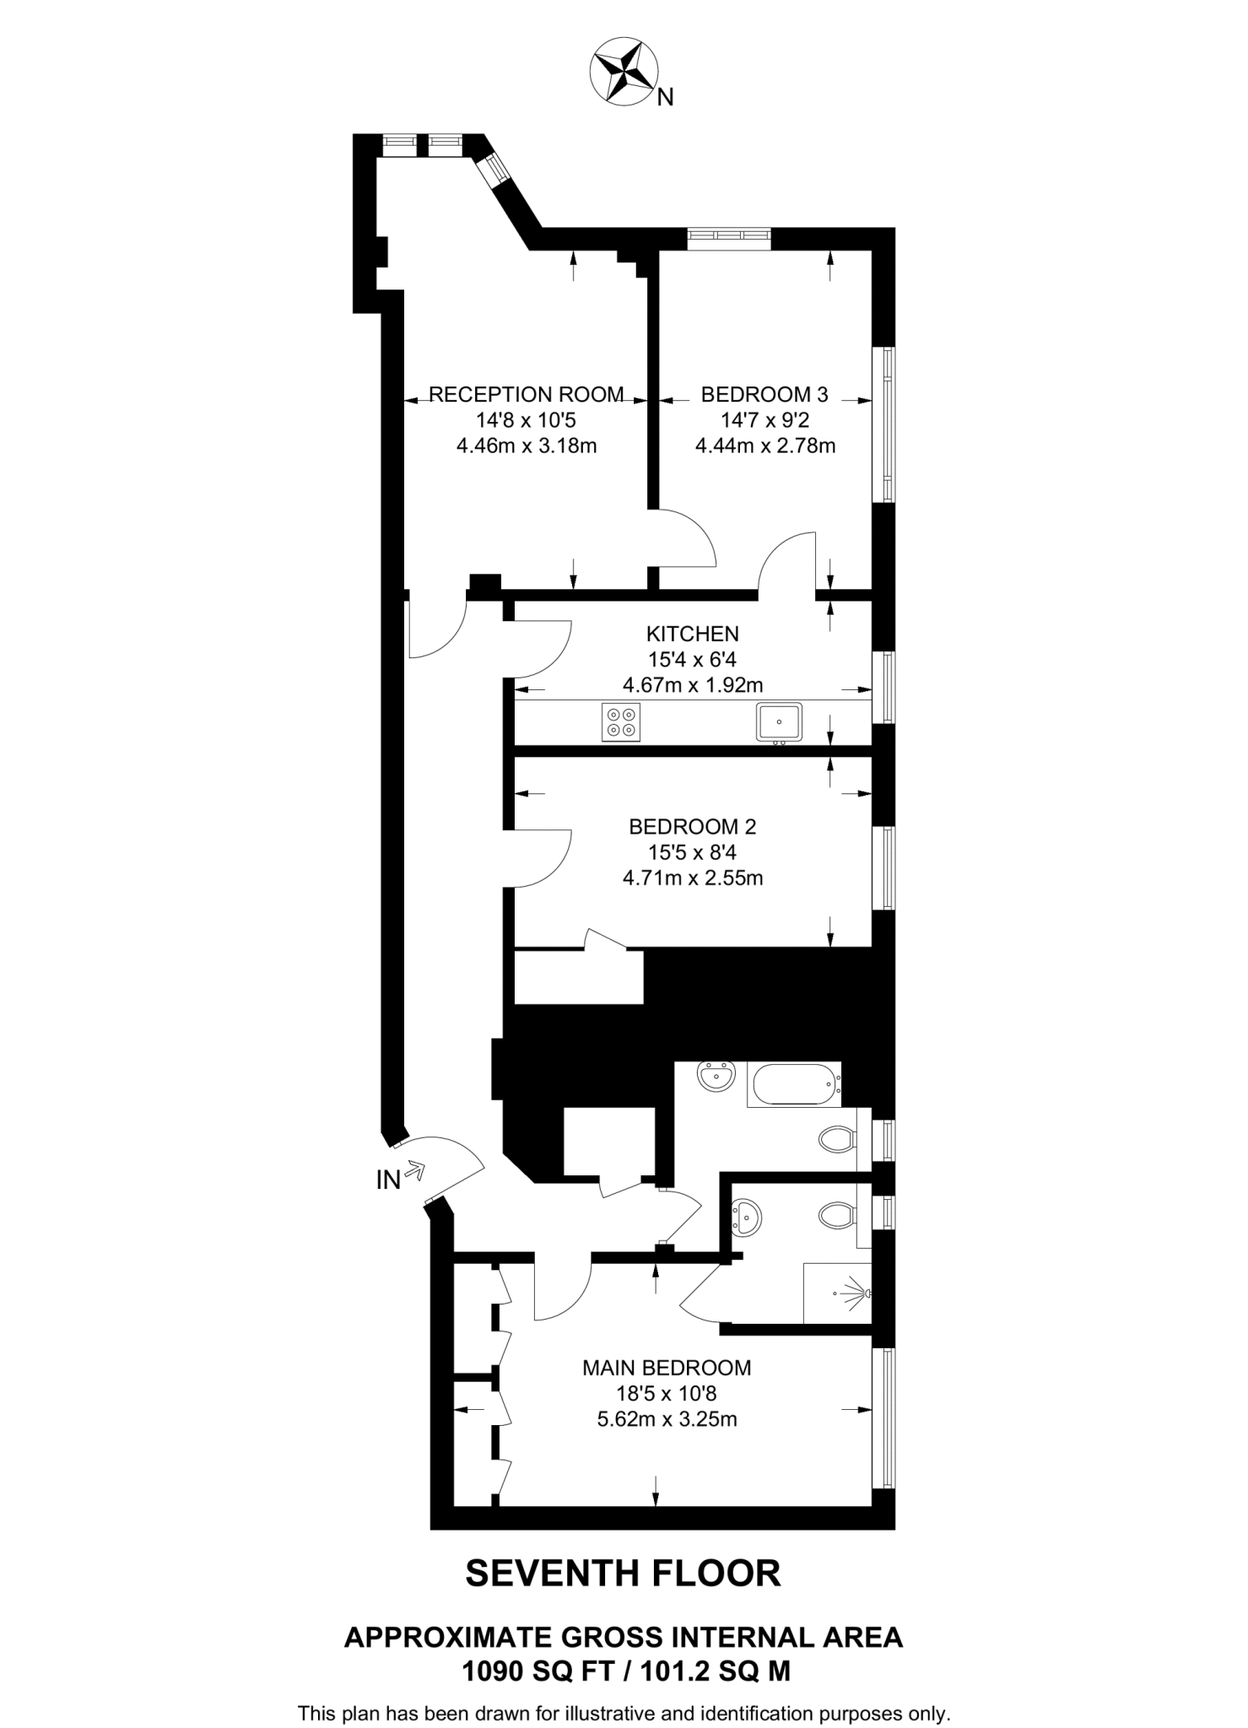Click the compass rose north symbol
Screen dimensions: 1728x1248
(624, 71)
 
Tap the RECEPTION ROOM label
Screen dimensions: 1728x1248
(527, 394)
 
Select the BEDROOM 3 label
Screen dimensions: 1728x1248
(764, 394)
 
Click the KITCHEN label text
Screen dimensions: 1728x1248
(692, 634)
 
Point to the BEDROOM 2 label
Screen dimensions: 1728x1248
(692, 827)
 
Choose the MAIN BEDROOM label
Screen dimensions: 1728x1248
(667, 1368)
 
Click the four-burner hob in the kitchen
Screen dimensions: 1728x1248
(621, 722)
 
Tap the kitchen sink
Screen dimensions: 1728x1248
(779, 722)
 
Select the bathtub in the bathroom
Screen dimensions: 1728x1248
(793, 1084)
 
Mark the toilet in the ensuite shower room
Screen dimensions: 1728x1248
(835, 1216)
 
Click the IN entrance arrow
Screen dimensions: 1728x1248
(413, 1170)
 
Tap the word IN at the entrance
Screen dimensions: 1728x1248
(388, 1180)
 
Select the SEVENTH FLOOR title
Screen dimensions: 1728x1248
(623, 1574)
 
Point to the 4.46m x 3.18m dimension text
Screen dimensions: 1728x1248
(527, 445)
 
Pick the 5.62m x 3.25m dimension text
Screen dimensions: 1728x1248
(667, 1419)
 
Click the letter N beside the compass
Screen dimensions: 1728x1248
(666, 98)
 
